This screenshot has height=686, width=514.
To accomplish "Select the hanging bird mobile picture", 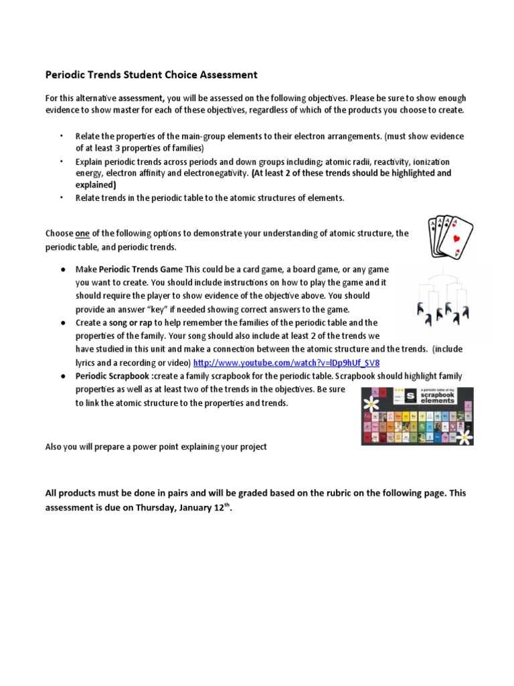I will click(441, 295).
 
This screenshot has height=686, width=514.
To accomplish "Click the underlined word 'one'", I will click(82, 233).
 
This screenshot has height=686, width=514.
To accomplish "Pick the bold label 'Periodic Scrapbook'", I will click(112, 376).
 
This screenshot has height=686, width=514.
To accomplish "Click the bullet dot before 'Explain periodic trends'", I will click(60, 162).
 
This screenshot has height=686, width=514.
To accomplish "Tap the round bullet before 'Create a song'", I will click(62, 323).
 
